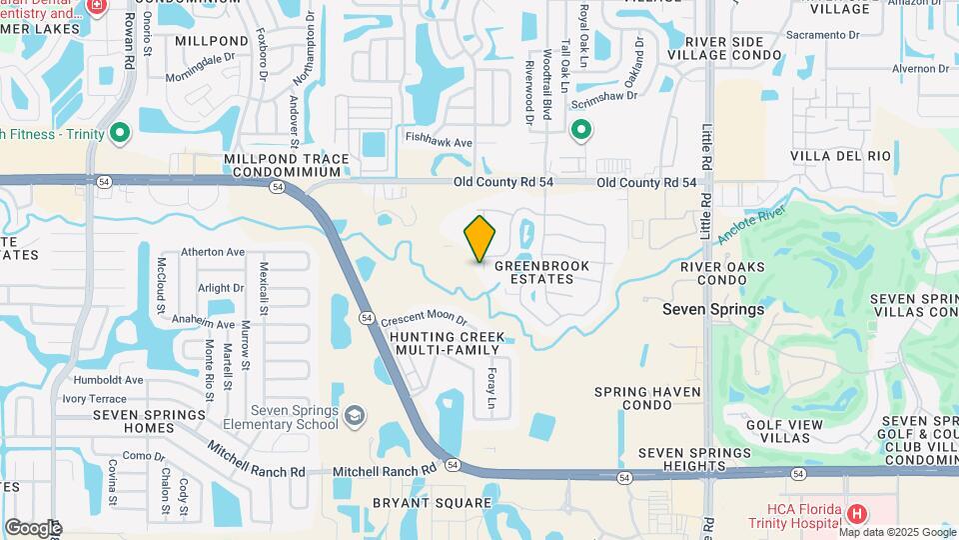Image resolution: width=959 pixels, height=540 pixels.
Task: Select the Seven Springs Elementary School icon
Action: (354, 415)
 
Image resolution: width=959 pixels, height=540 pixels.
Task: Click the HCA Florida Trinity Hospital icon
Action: (856, 514)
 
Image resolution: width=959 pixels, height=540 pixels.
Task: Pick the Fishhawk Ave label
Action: (438, 143)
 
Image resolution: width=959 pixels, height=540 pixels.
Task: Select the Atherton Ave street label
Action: (213, 252)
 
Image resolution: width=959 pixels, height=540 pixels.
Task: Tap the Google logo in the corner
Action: (33, 527)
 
